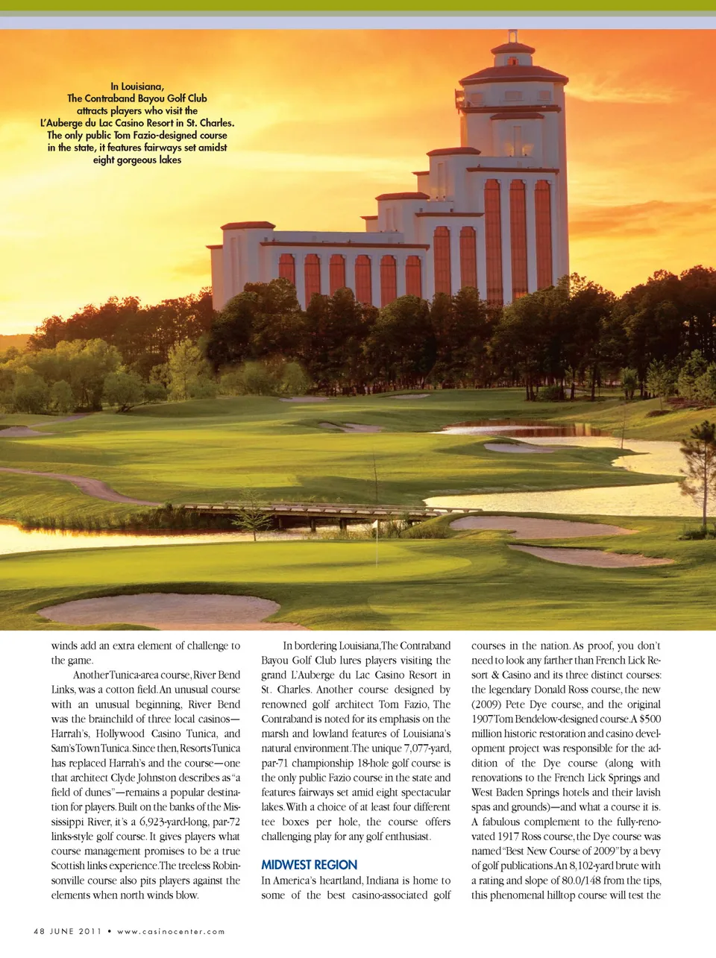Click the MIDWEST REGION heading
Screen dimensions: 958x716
click(x=309, y=865)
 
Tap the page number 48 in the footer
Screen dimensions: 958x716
click(x=39, y=931)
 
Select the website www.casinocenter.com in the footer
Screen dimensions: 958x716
click(x=171, y=931)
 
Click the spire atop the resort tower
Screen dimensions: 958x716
click(x=512, y=36)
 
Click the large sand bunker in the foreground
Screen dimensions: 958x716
click(x=159, y=610)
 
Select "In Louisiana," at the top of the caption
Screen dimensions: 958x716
click(x=137, y=86)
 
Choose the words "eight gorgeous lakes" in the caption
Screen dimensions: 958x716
click(x=137, y=160)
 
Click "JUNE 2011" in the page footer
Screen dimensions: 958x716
click(x=75, y=931)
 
